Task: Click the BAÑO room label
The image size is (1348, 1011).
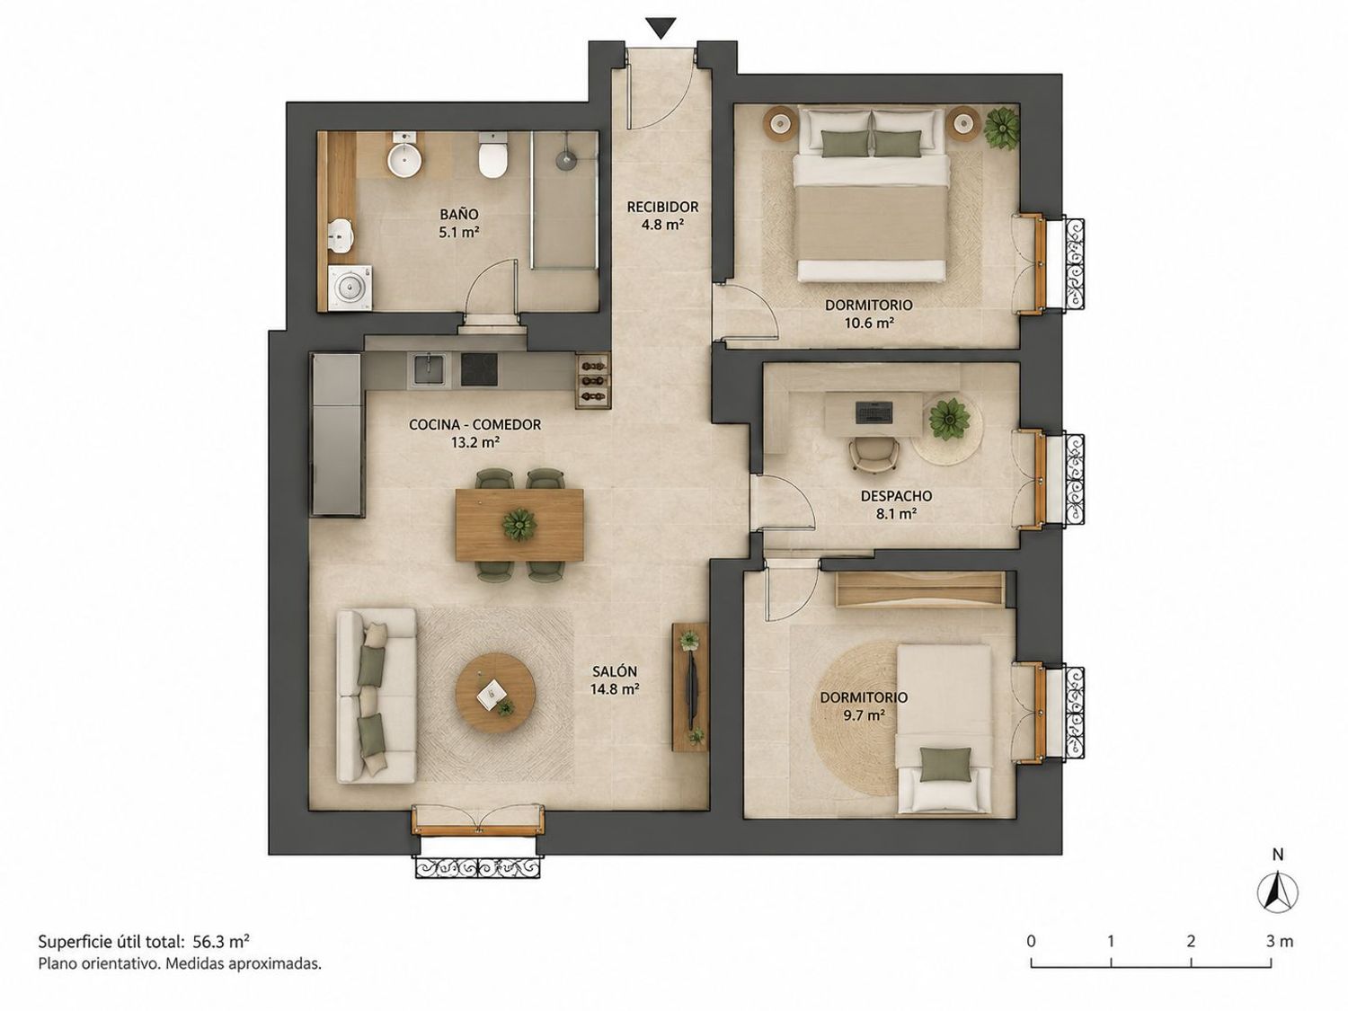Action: coord(458,214)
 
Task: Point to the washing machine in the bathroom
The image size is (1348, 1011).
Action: coord(350,288)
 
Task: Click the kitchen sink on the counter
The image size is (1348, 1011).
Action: coord(428,370)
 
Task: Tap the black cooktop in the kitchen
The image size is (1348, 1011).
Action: coord(479,370)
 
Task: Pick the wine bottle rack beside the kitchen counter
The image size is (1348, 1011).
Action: coord(593,380)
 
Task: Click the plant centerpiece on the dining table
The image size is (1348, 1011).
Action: coord(519,525)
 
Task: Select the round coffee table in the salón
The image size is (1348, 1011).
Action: coord(495,694)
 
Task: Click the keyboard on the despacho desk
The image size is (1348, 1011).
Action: coord(874,412)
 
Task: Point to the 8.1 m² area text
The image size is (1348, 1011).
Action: coord(896,514)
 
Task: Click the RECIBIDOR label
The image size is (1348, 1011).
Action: coord(662,207)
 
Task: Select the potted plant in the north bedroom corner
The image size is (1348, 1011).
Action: coord(1002,127)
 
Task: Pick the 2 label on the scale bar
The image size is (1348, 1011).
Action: coord(1191,941)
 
